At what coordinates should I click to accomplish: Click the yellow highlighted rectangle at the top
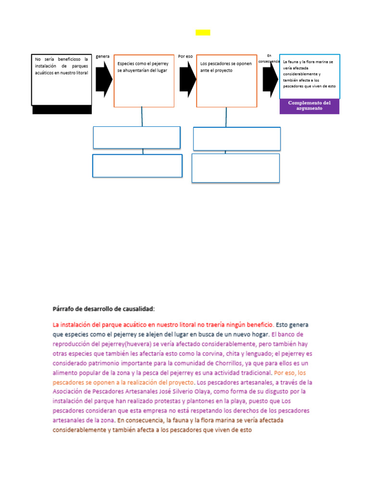pyautogui.click(x=202, y=32)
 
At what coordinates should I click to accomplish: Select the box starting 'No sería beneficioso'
pyautogui.click(x=61, y=79)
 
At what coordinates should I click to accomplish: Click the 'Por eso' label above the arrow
pyautogui.click(x=185, y=56)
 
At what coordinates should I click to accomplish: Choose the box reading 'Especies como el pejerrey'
pyautogui.click(x=144, y=80)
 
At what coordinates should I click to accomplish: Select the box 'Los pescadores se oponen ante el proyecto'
pyautogui.click(x=226, y=80)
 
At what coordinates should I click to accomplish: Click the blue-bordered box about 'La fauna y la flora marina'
pyautogui.click(x=309, y=76)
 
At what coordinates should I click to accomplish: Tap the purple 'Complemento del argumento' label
pyautogui.click(x=309, y=106)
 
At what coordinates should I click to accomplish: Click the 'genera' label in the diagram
pyautogui.click(x=103, y=56)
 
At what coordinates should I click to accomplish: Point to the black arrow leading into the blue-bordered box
pyautogui.click(x=271, y=79)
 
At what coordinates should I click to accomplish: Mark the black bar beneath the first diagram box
pyautogui.click(x=62, y=110)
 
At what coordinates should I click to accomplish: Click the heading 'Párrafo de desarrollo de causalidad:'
pyautogui.click(x=103, y=308)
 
